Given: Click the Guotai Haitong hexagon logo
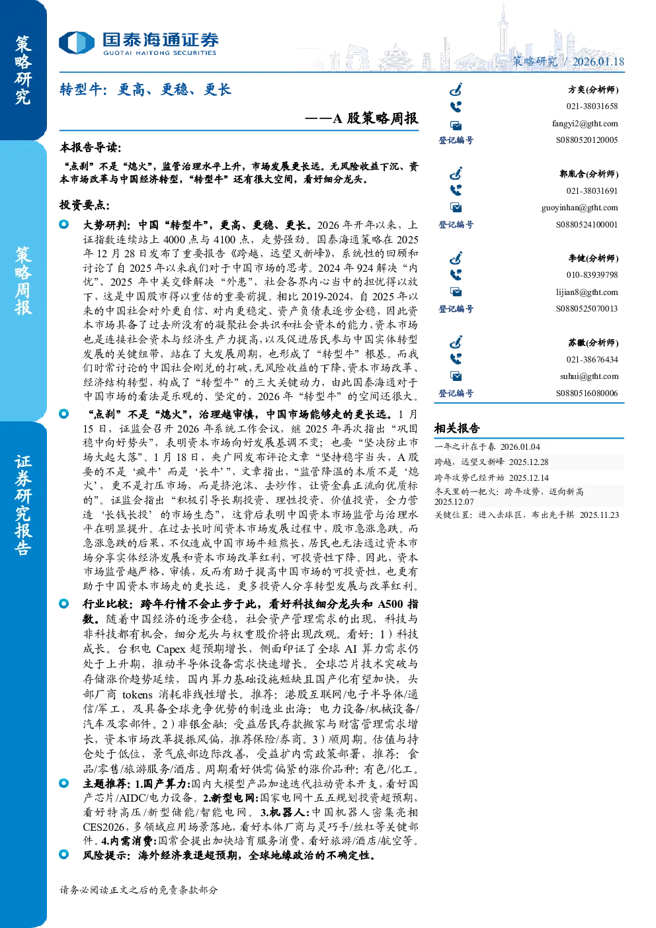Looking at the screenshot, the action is click(x=77, y=43).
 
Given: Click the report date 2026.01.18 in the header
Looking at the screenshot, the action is click(x=598, y=62).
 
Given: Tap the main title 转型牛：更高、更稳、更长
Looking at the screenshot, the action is click(x=145, y=89).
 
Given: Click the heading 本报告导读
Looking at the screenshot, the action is click(x=91, y=148).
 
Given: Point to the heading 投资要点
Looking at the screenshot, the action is click(x=85, y=205).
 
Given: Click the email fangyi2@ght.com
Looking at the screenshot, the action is click(x=585, y=124).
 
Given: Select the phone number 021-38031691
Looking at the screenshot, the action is click(x=592, y=191).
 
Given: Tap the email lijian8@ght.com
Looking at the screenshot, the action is click(x=587, y=292).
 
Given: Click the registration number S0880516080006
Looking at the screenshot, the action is click(x=587, y=393).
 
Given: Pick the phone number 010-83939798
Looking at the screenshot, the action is click(x=592, y=275).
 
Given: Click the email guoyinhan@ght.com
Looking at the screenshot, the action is click(x=579, y=208).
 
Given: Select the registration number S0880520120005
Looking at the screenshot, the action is click(x=587, y=140).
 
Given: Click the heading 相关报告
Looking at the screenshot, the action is click(x=457, y=429).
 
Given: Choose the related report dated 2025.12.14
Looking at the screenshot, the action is click(x=491, y=478).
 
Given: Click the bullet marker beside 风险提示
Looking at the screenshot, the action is click(x=63, y=854).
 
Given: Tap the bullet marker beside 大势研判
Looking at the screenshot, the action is click(x=63, y=224).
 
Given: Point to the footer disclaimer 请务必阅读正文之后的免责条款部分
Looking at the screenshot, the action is click(x=138, y=890).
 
